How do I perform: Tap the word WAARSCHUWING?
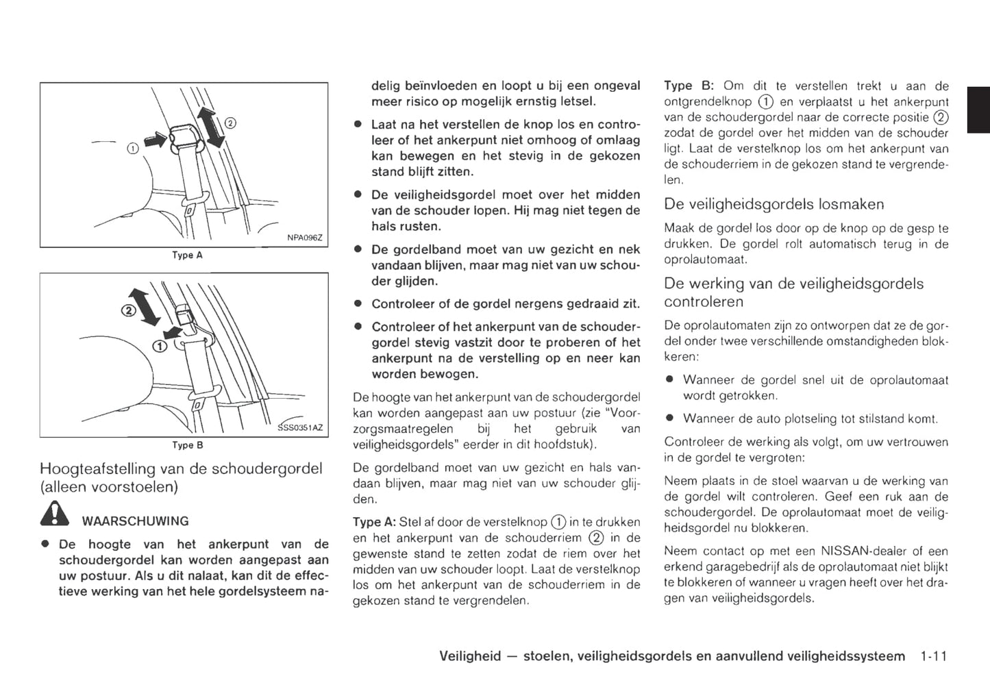(135, 521)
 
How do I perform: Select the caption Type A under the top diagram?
(187, 255)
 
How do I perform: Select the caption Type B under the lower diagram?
(187, 445)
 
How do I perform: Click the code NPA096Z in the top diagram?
(304, 238)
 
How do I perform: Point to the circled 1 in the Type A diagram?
(133, 148)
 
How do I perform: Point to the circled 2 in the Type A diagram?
(230, 123)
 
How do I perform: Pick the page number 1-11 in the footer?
(932, 656)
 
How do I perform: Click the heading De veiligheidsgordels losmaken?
(774, 204)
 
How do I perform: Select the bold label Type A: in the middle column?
(374, 522)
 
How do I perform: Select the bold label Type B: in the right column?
(689, 86)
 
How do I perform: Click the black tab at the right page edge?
(978, 110)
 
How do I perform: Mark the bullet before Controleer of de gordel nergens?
(357, 303)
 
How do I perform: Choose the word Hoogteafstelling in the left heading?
(98, 469)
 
